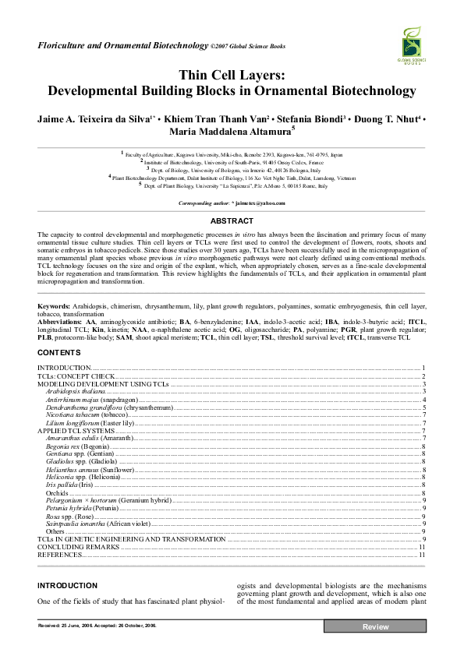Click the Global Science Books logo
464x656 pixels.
coord(414,46)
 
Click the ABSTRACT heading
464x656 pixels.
coord(232,220)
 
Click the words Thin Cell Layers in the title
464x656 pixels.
coord(232,76)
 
